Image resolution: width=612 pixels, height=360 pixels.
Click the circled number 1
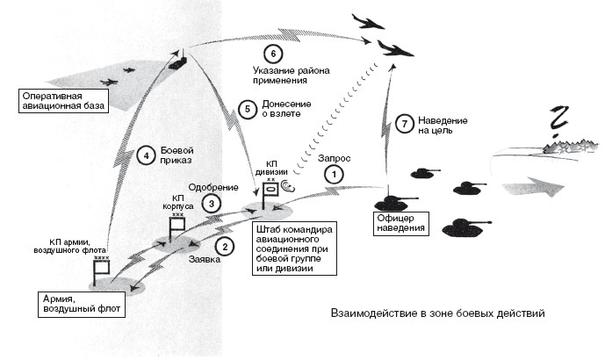(x=333, y=174)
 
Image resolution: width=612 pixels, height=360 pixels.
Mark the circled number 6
(x=273, y=52)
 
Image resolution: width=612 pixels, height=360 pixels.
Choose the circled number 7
(x=404, y=124)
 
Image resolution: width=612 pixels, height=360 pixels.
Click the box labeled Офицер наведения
(x=400, y=221)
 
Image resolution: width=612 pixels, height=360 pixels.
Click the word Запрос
(x=335, y=157)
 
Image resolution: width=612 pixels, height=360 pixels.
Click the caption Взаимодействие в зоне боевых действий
(x=437, y=313)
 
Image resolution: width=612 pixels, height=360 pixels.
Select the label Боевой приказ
(x=176, y=155)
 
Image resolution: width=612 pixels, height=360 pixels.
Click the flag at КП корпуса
(x=176, y=227)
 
